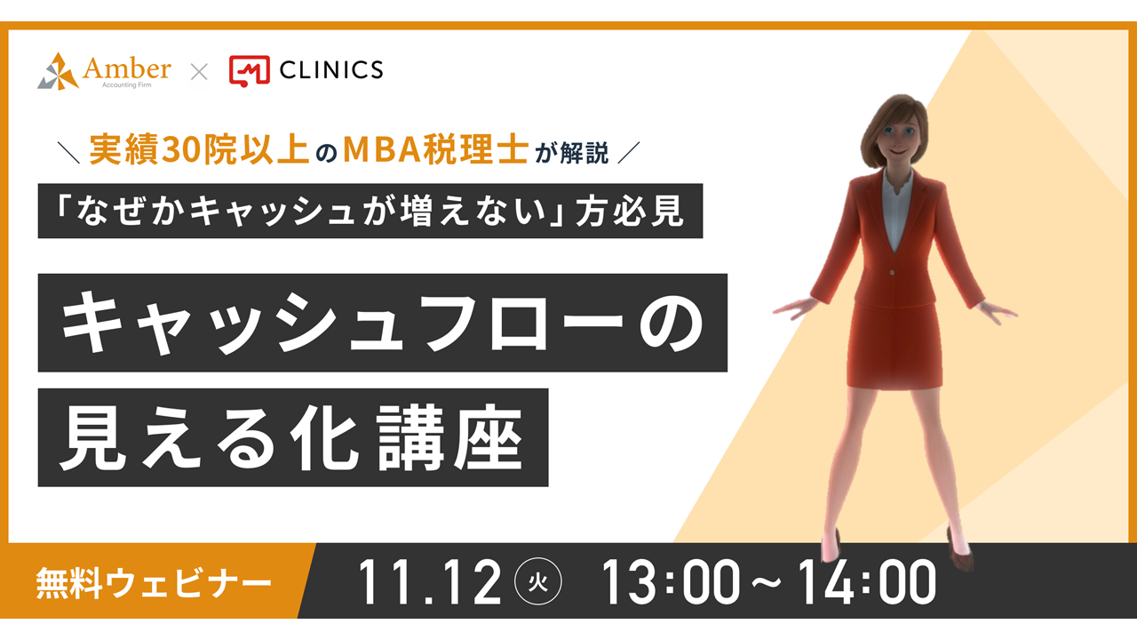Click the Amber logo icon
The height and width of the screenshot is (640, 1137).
coord(58,72)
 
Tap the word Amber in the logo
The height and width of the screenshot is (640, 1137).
coord(127,68)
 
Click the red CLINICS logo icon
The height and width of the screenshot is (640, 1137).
coord(250,70)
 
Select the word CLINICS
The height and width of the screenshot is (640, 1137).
coord(331,70)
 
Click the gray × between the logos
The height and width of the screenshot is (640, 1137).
coord(199,72)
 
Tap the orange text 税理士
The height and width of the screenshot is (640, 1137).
coord(477,150)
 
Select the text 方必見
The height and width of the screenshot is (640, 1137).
coord(630,211)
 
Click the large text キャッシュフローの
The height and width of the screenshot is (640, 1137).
coord(382,323)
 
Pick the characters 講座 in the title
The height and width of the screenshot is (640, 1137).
coord(449,438)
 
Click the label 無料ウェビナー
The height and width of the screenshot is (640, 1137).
coord(154,582)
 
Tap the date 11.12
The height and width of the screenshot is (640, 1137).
coord(429,582)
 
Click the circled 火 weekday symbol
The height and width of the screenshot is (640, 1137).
coord(538,581)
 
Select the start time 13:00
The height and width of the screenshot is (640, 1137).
coord(671,582)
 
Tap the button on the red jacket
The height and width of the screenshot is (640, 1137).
coord(892,273)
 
